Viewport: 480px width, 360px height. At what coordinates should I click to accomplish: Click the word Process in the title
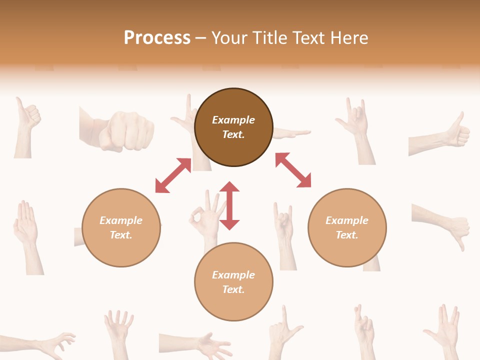(157, 38)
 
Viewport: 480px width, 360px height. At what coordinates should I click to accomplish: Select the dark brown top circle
(233, 150)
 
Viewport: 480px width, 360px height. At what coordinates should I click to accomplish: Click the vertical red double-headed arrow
(229, 205)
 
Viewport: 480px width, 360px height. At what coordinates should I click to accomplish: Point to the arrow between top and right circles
(293, 170)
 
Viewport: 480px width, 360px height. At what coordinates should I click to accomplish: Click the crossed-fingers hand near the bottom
(364, 327)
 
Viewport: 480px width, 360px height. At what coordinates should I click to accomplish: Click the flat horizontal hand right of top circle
(292, 133)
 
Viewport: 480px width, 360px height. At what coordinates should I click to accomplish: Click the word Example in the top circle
(233, 120)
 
